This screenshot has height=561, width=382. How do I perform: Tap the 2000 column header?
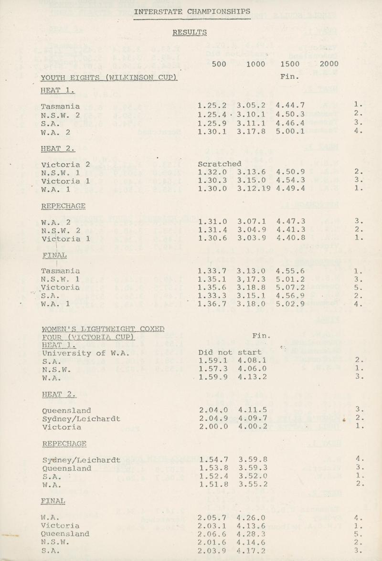[x=329, y=64]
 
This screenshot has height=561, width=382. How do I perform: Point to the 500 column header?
[x=217, y=64]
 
